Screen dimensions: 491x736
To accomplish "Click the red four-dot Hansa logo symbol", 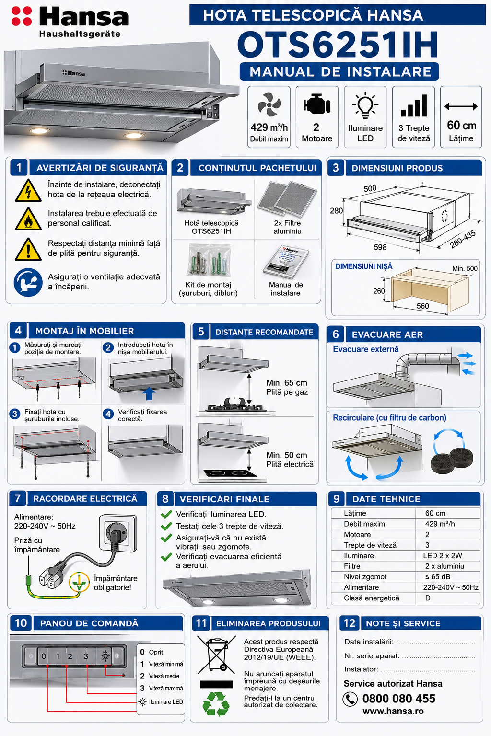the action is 22,16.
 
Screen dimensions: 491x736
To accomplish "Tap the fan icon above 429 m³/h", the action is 269,104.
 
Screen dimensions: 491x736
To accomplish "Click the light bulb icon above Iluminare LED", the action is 365,105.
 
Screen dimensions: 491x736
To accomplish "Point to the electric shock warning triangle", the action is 28,191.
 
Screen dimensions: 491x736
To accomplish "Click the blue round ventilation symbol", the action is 28,282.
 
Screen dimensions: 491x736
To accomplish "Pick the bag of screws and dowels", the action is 209,260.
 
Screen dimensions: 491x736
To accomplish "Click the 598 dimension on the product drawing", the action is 380,247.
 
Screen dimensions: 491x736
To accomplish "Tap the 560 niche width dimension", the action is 422,306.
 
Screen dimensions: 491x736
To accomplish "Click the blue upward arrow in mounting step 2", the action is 149,393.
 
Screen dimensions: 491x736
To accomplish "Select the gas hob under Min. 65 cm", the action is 235,405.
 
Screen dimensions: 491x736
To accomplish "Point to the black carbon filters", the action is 452,460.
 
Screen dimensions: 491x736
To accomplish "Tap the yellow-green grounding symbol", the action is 79,582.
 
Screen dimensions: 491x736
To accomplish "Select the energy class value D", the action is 428,598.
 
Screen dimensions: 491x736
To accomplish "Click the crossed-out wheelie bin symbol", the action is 216,655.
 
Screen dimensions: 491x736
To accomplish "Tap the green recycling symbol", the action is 216,704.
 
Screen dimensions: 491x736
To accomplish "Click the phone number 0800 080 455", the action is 398,699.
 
